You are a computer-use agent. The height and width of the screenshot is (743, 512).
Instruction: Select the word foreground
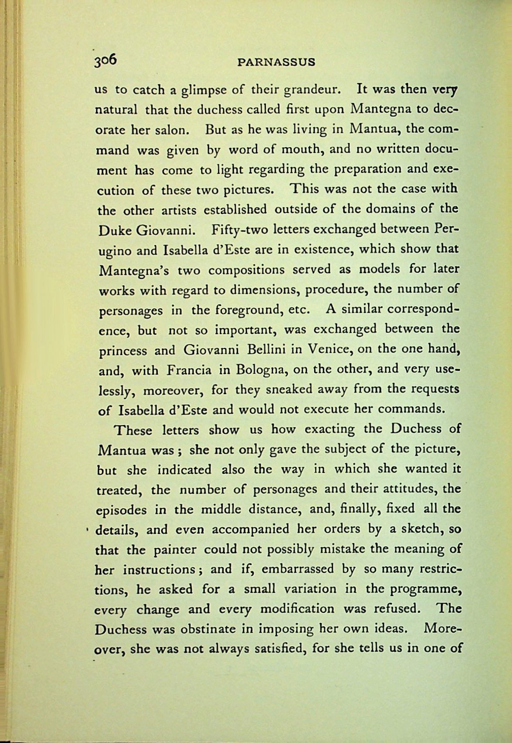(x=249, y=310)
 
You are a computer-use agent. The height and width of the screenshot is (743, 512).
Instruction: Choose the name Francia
(x=189, y=370)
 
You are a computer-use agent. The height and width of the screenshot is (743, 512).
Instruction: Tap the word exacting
(x=329, y=429)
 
